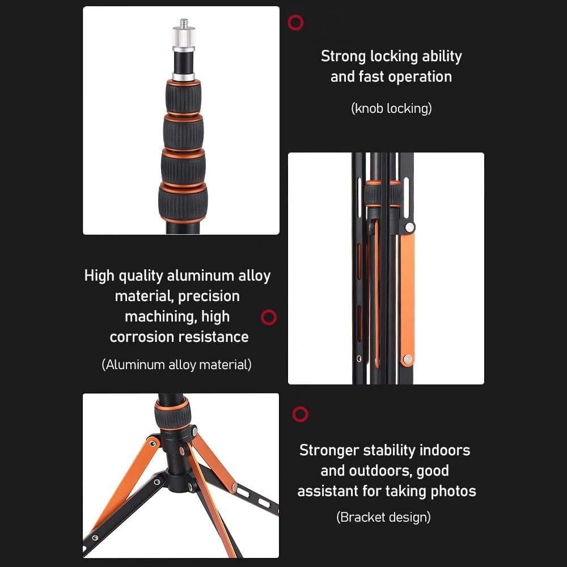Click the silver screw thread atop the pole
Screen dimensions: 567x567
tap(184, 23)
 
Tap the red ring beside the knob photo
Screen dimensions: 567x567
tap(295, 23)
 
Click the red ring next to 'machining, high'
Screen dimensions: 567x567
tap(269, 317)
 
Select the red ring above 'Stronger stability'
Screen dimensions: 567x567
tap(300, 414)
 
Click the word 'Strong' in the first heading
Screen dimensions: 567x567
tap(344, 57)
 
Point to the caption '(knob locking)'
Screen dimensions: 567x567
tap(391, 108)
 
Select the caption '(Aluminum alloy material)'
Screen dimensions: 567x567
tap(176, 365)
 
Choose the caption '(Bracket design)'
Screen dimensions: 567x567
tap(383, 517)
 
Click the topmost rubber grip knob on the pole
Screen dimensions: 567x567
tap(183, 96)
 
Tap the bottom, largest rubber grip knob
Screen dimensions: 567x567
tap(183, 203)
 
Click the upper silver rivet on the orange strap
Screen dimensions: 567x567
tap(410, 227)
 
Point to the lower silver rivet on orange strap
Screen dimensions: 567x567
tap(408, 359)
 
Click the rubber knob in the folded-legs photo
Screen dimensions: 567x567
tap(383, 193)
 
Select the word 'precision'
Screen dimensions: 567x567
tap(209, 297)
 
